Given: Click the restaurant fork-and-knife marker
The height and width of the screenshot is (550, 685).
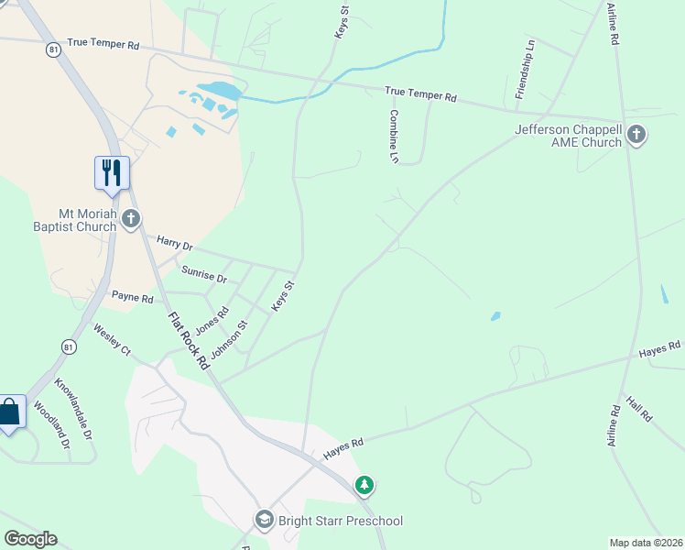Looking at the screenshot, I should (x=112, y=172).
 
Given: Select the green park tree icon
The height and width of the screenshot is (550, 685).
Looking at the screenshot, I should (x=364, y=484).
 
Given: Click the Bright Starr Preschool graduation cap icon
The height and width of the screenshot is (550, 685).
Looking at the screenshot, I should (x=265, y=521).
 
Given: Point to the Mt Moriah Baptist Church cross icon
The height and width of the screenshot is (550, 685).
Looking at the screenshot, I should (x=131, y=219).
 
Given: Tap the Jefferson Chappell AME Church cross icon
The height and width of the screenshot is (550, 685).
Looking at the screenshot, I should (x=636, y=137).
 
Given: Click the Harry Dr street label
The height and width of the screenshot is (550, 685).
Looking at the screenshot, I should (x=174, y=245).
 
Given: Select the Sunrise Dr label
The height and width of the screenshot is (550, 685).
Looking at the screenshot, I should (x=203, y=272).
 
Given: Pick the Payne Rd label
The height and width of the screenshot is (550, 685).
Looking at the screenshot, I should (x=132, y=297).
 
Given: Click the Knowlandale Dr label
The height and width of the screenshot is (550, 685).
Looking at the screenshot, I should (x=73, y=408).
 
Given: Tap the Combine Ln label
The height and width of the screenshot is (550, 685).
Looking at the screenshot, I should (x=394, y=137).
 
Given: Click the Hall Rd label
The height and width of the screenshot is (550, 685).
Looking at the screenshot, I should (x=639, y=409).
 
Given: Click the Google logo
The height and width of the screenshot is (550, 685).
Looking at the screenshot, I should (x=30, y=539).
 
